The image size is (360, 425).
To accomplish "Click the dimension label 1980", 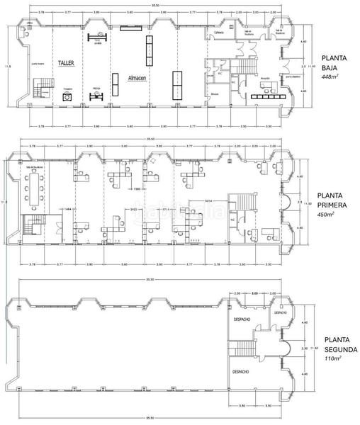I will click(x=138, y=190).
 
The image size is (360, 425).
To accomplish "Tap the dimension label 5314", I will click(x=210, y=201).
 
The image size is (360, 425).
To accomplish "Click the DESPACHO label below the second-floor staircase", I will click(x=239, y=370).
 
